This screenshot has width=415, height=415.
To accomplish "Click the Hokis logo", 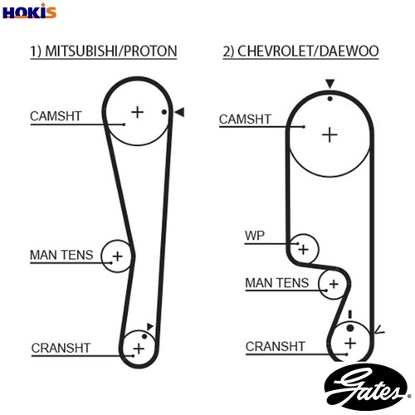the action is click(29, 11).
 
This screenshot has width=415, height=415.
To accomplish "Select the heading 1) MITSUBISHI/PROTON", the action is click(104, 51).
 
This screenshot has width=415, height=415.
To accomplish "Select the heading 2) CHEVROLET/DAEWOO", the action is click(300, 51).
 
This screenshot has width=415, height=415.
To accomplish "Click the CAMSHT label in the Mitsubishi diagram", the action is click(56, 116).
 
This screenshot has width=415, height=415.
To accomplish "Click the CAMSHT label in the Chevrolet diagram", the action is click(245, 120).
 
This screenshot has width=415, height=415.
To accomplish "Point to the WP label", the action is click(255, 236).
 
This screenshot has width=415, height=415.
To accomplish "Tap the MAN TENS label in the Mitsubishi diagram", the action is click(61, 255).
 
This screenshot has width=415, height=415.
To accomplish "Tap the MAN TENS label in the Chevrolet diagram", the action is click(277, 283).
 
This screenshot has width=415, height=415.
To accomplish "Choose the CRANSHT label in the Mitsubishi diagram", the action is click(61, 348).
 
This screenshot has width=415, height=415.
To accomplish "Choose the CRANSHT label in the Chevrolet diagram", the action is click(276, 346).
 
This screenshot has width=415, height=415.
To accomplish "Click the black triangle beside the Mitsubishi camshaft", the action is click(179, 112).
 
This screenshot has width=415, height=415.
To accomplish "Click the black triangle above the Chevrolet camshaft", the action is click(330, 84).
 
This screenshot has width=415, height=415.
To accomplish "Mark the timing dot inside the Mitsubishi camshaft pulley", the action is click(164, 112).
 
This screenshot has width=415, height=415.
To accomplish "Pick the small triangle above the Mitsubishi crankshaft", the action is click(150, 326).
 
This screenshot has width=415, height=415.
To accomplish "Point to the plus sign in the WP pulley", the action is click(304, 250).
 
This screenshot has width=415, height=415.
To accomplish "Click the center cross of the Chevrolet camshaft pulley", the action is click(330, 135).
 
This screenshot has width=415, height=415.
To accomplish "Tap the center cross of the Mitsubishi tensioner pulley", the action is click(118, 256).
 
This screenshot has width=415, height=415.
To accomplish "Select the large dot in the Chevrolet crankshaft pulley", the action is click(350, 328).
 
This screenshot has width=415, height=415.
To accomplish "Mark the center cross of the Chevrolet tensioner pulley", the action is click(334, 284).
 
